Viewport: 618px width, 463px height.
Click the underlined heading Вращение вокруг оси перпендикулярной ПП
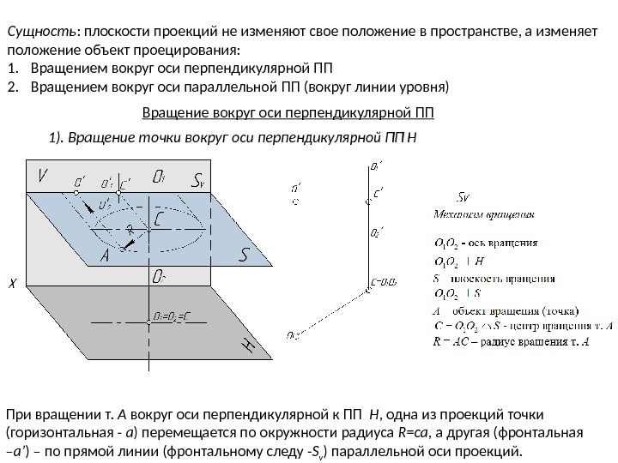pos(287,111)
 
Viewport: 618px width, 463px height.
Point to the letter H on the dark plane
pos(247,346)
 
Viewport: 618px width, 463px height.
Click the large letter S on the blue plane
pos(244,254)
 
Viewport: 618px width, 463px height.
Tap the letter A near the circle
pos(104,256)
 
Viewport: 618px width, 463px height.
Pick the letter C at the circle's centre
pos(161,220)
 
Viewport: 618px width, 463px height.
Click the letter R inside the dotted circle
pos(130,230)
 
